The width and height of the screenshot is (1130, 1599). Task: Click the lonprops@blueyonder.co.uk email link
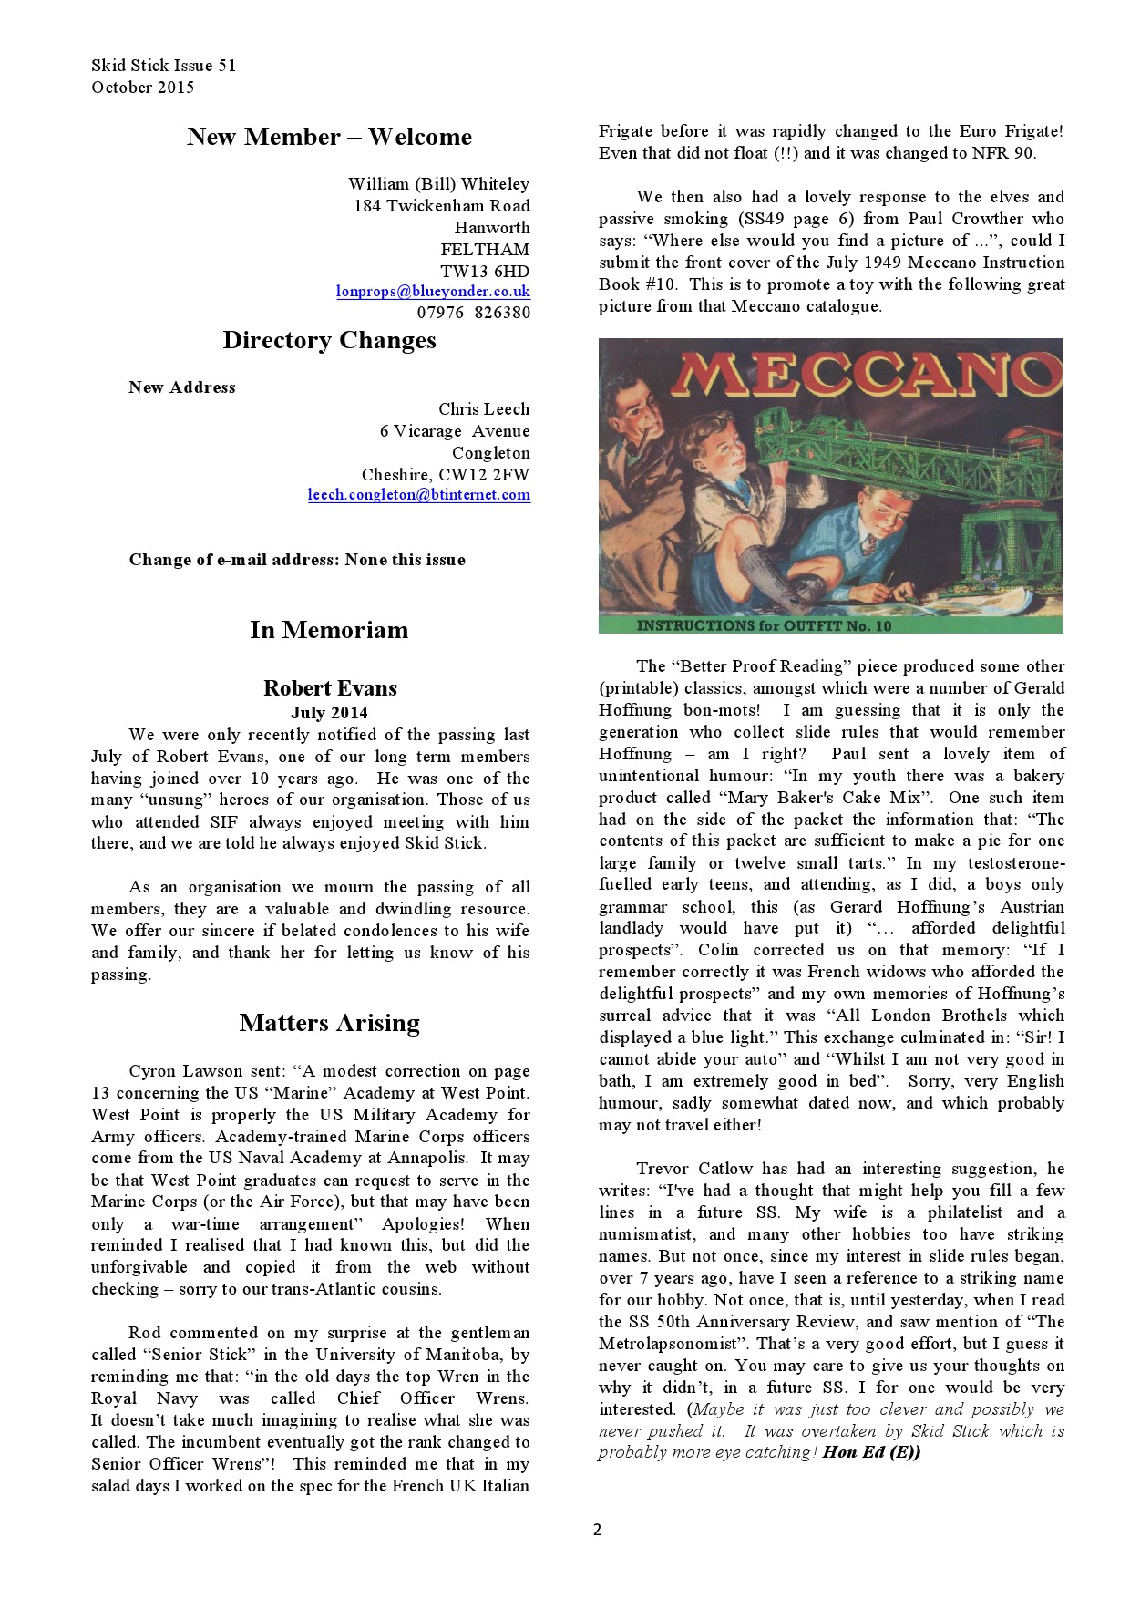click(433, 292)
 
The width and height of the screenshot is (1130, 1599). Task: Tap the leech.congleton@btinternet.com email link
click(418, 495)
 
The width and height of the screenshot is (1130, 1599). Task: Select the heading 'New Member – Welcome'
click(329, 137)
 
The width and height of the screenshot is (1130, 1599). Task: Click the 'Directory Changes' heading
click(329, 340)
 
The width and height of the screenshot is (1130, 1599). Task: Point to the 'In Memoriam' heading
click(329, 630)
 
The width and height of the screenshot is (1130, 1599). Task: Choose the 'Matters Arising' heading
click(329, 1023)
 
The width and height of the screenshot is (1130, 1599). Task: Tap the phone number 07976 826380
click(473, 313)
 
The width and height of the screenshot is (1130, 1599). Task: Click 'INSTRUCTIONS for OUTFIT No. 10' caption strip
click(764, 625)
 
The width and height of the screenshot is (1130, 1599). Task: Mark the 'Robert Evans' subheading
click(330, 688)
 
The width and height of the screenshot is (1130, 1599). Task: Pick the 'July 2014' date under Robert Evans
click(329, 713)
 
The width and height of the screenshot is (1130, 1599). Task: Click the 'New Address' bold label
click(182, 387)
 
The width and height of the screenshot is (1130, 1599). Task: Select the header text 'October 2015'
click(142, 88)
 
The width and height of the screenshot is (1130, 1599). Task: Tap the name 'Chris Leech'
click(483, 409)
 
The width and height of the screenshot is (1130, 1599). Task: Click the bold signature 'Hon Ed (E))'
click(871, 1452)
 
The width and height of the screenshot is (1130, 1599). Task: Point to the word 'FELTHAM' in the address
click(484, 249)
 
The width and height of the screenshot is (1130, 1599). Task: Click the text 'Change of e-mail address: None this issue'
click(297, 560)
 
